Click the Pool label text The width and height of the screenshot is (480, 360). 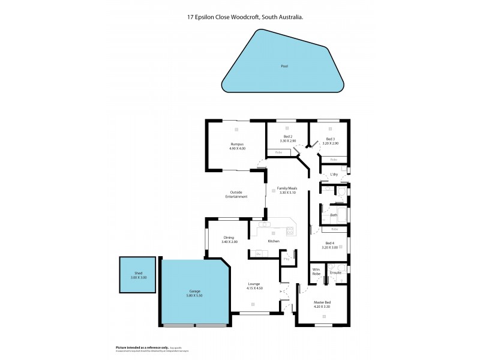tap(284, 66)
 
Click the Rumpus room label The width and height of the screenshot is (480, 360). tap(237, 144)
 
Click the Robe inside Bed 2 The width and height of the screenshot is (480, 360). tap(278, 152)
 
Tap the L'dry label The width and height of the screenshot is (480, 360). tap(334, 175)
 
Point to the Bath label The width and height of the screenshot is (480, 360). tap(334, 214)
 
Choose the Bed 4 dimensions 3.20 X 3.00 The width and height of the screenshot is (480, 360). tap(331, 247)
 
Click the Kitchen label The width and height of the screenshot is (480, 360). tap(274, 241)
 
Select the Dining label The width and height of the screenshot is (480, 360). tap(229, 237)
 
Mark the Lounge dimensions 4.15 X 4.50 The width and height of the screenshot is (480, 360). tap(254, 288)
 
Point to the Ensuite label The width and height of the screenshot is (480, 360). tap(336, 272)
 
